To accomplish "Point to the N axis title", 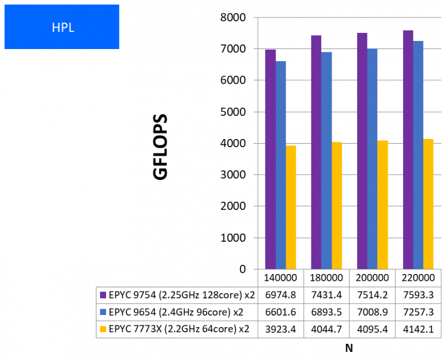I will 348,348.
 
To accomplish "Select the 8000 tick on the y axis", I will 234,18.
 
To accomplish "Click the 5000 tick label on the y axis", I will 234,112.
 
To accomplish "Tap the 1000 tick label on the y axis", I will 234,238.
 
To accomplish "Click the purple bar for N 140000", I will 270,159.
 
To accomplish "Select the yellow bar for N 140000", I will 291,207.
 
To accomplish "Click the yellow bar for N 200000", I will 382,205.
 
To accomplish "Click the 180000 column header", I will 326,277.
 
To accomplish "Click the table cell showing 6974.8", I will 280,295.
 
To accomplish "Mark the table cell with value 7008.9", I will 372,312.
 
